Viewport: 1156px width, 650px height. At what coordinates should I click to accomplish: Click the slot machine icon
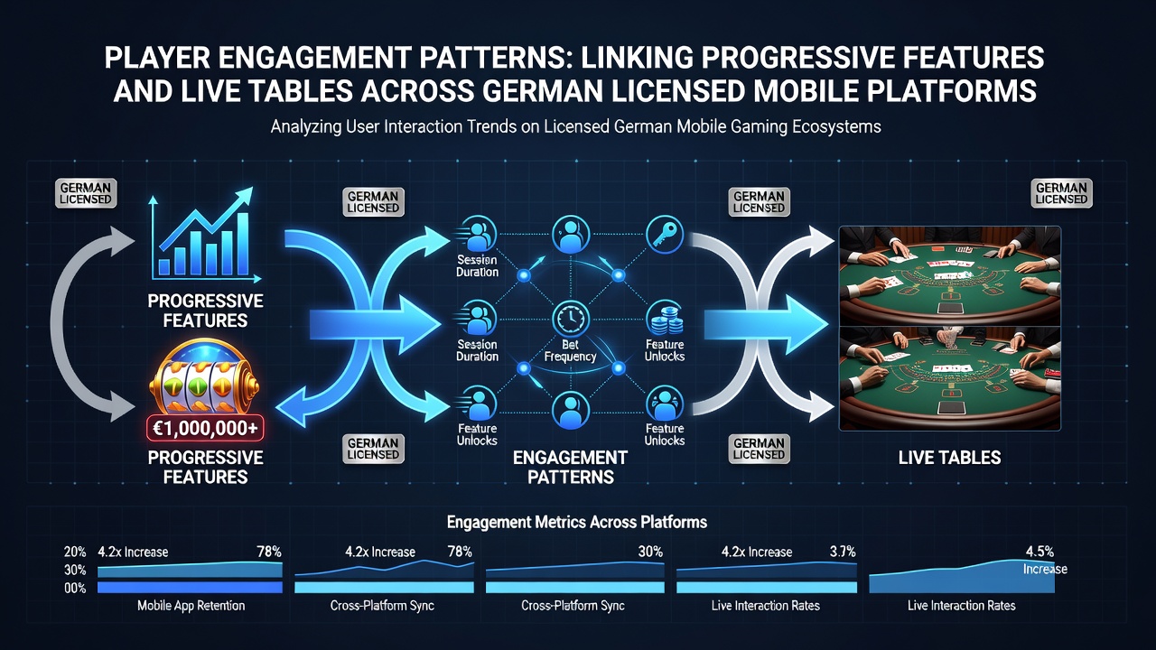(x=205, y=376)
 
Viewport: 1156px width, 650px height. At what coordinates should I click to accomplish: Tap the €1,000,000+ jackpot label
(x=205, y=429)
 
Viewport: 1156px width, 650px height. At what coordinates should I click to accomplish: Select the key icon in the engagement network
(x=665, y=235)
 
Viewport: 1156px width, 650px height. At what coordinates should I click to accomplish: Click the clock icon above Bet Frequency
(x=571, y=320)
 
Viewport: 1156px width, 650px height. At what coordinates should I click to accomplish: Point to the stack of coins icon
(x=665, y=320)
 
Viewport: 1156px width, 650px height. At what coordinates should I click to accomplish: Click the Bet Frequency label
(x=570, y=350)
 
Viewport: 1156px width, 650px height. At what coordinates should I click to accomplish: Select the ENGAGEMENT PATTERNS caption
(x=570, y=467)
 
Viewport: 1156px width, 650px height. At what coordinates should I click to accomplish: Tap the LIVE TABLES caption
(x=949, y=458)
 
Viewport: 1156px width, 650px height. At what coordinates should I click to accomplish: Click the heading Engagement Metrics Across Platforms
(x=577, y=522)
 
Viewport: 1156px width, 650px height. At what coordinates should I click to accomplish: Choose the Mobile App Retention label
(x=191, y=606)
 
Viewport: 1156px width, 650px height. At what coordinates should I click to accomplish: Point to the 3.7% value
(x=843, y=552)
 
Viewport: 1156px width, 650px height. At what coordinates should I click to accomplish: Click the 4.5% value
(x=1039, y=552)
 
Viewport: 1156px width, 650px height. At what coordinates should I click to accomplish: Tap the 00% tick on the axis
(x=75, y=588)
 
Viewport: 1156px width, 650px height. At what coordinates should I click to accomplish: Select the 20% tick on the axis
(x=75, y=552)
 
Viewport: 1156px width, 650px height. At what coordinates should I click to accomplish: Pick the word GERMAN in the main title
(x=543, y=90)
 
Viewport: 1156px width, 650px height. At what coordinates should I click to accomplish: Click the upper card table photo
(x=950, y=276)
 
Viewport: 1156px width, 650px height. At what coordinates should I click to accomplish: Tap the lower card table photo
(x=950, y=378)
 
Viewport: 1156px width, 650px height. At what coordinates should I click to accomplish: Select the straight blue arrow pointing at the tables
(x=767, y=324)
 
